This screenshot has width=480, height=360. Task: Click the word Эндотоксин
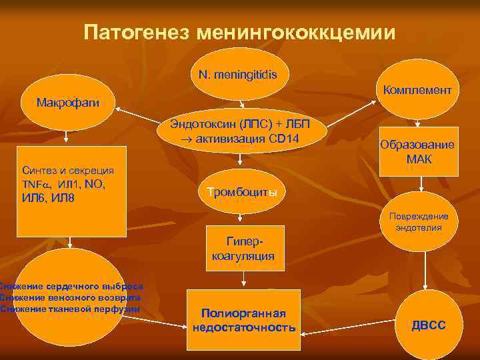coord(200,125)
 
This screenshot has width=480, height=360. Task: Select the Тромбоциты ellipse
coord(242,192)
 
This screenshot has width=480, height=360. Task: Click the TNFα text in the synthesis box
coord(35,183)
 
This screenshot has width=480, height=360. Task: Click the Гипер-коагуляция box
coord(242,247)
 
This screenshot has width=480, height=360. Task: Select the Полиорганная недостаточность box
coord(243,320)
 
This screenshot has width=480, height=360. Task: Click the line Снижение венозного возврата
coord(70,298)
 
